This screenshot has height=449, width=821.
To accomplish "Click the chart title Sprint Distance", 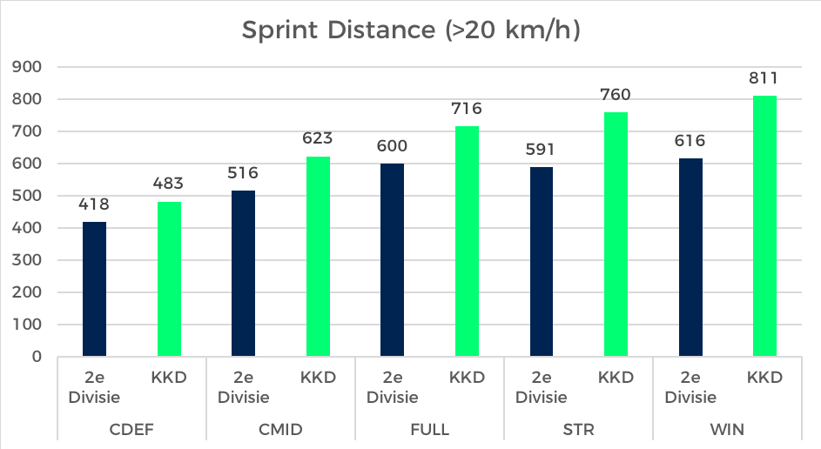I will (x=411, y=30).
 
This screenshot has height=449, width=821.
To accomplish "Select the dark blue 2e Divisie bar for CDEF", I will (x=95, y=289).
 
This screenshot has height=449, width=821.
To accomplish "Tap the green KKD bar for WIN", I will (x=764, y=226).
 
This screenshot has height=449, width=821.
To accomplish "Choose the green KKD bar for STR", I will (x=615, y=234).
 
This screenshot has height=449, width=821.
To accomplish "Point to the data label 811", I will (x=764, y=78).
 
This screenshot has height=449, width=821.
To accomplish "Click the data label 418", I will (x=95, y=204).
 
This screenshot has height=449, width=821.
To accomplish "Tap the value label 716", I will (x=466, y=109).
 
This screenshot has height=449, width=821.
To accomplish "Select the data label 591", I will (x=541, y=150).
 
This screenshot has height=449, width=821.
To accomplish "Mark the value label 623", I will (x=318, y=138).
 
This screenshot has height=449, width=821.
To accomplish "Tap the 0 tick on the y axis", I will (x=37, y=357).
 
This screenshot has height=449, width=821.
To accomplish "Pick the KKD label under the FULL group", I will (x=467, y=378).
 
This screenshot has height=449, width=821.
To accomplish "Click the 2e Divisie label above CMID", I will (x=244, y=387).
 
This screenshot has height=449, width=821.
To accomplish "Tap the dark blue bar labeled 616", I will (x=690, y=258).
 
